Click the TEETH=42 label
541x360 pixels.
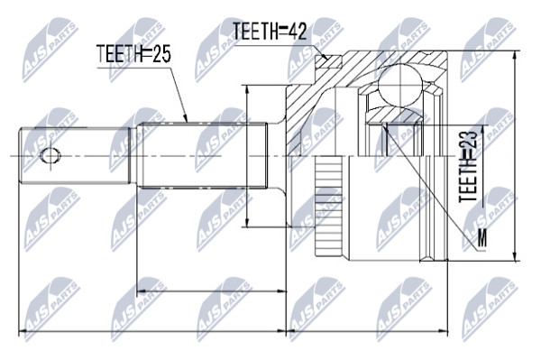pos(270,31)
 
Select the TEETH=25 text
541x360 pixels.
pos(133,54)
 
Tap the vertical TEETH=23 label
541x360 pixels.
pos(468,167)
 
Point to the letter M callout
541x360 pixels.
pos(482,238)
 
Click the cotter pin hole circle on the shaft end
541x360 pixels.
pos(50,156)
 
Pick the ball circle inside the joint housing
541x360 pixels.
pos(400,85)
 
